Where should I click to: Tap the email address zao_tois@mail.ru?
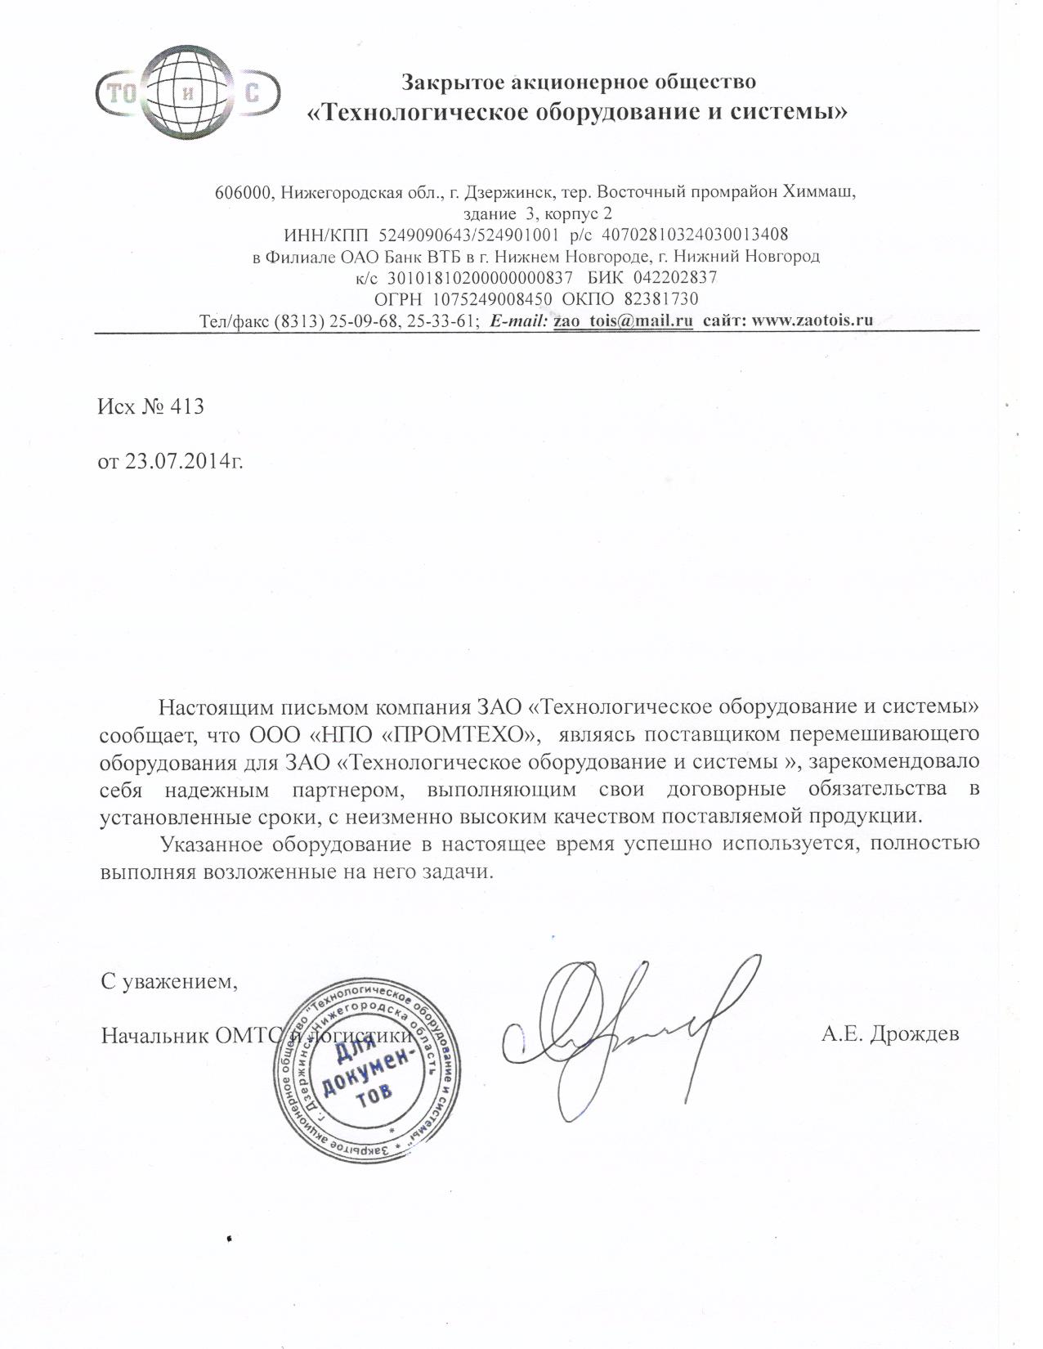624,320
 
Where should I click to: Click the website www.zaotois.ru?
812,320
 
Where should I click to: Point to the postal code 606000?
243,193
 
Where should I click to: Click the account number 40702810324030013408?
695,235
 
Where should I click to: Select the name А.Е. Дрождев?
891,1034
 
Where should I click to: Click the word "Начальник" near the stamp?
153,1035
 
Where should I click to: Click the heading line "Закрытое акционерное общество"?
579,82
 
